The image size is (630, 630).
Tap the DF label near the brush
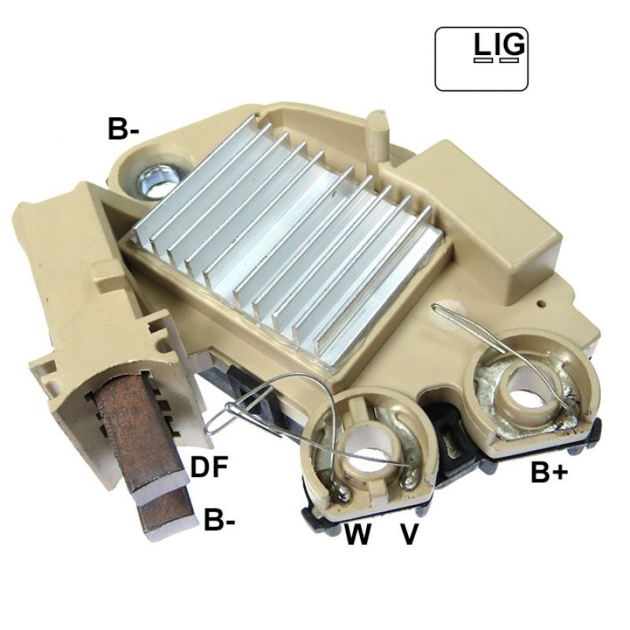coord(209,466)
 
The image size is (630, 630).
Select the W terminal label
coord(358,534)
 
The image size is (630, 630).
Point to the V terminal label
coord(409,534)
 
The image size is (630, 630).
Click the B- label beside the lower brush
coord(219,520)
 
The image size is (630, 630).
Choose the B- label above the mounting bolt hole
coord(124,129)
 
